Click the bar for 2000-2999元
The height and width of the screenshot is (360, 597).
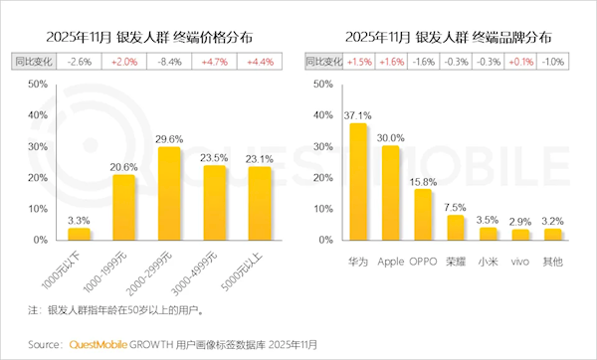click(168, 194)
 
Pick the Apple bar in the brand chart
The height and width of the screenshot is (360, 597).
click(391, 193)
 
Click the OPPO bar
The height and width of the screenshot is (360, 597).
click(423, 215)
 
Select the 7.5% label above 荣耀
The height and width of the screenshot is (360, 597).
click(455, 207)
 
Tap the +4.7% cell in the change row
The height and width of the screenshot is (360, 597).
click(214, 62)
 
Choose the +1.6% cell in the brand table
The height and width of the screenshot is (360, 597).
click(391, 62)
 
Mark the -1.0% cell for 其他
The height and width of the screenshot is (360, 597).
click(551, 62)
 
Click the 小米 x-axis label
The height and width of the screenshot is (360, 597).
click(488, 261)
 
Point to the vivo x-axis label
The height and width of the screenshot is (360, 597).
click(519, 261)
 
